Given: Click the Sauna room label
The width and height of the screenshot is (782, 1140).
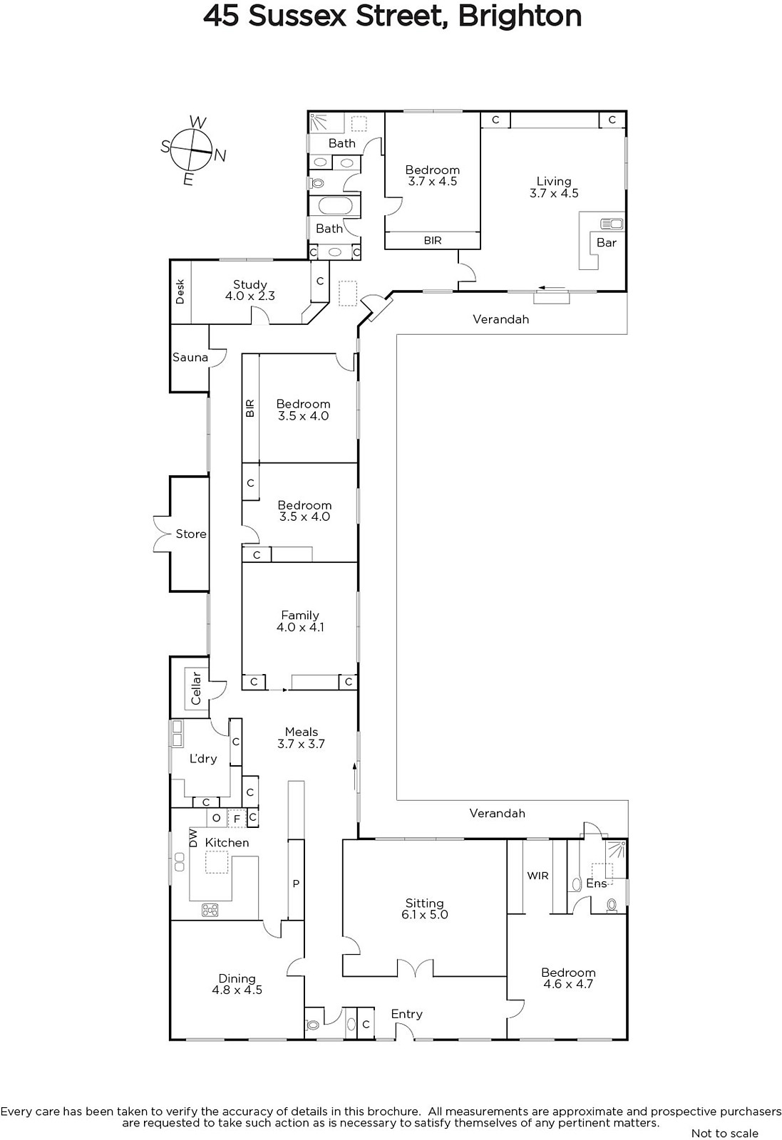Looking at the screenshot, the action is [190, 357].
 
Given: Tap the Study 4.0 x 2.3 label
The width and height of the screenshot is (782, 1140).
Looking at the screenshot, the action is [250, 290].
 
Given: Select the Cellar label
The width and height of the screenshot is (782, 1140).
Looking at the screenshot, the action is [196, 688].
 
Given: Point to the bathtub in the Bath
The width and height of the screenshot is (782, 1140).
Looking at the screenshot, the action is [334, 206].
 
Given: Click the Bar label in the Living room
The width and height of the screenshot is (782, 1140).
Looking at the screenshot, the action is [607, 243].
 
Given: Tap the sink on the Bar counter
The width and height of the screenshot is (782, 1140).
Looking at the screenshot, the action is [612, 224].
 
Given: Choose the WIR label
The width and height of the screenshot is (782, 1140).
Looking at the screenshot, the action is [537, 876].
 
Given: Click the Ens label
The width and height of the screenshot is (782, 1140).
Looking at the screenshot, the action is [597, 883].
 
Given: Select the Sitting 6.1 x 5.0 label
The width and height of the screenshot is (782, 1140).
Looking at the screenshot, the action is [425, 908].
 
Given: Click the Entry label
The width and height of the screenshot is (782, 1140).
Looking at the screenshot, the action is [407, 1014].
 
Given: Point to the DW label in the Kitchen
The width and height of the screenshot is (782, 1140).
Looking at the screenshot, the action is [193, 838].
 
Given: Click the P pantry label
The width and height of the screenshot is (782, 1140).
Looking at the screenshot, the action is [296, 883].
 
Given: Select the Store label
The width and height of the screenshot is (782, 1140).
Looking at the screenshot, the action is [191, 534].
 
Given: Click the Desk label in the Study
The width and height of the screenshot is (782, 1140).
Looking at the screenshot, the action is [180, 291].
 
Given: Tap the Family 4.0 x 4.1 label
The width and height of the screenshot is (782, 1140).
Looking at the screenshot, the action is [300, 621].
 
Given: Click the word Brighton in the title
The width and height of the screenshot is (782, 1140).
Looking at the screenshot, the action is [520, 16].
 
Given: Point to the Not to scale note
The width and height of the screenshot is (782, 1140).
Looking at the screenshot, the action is [725, 1134].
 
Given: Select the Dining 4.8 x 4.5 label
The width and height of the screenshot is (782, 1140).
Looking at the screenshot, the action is [237, 984].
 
